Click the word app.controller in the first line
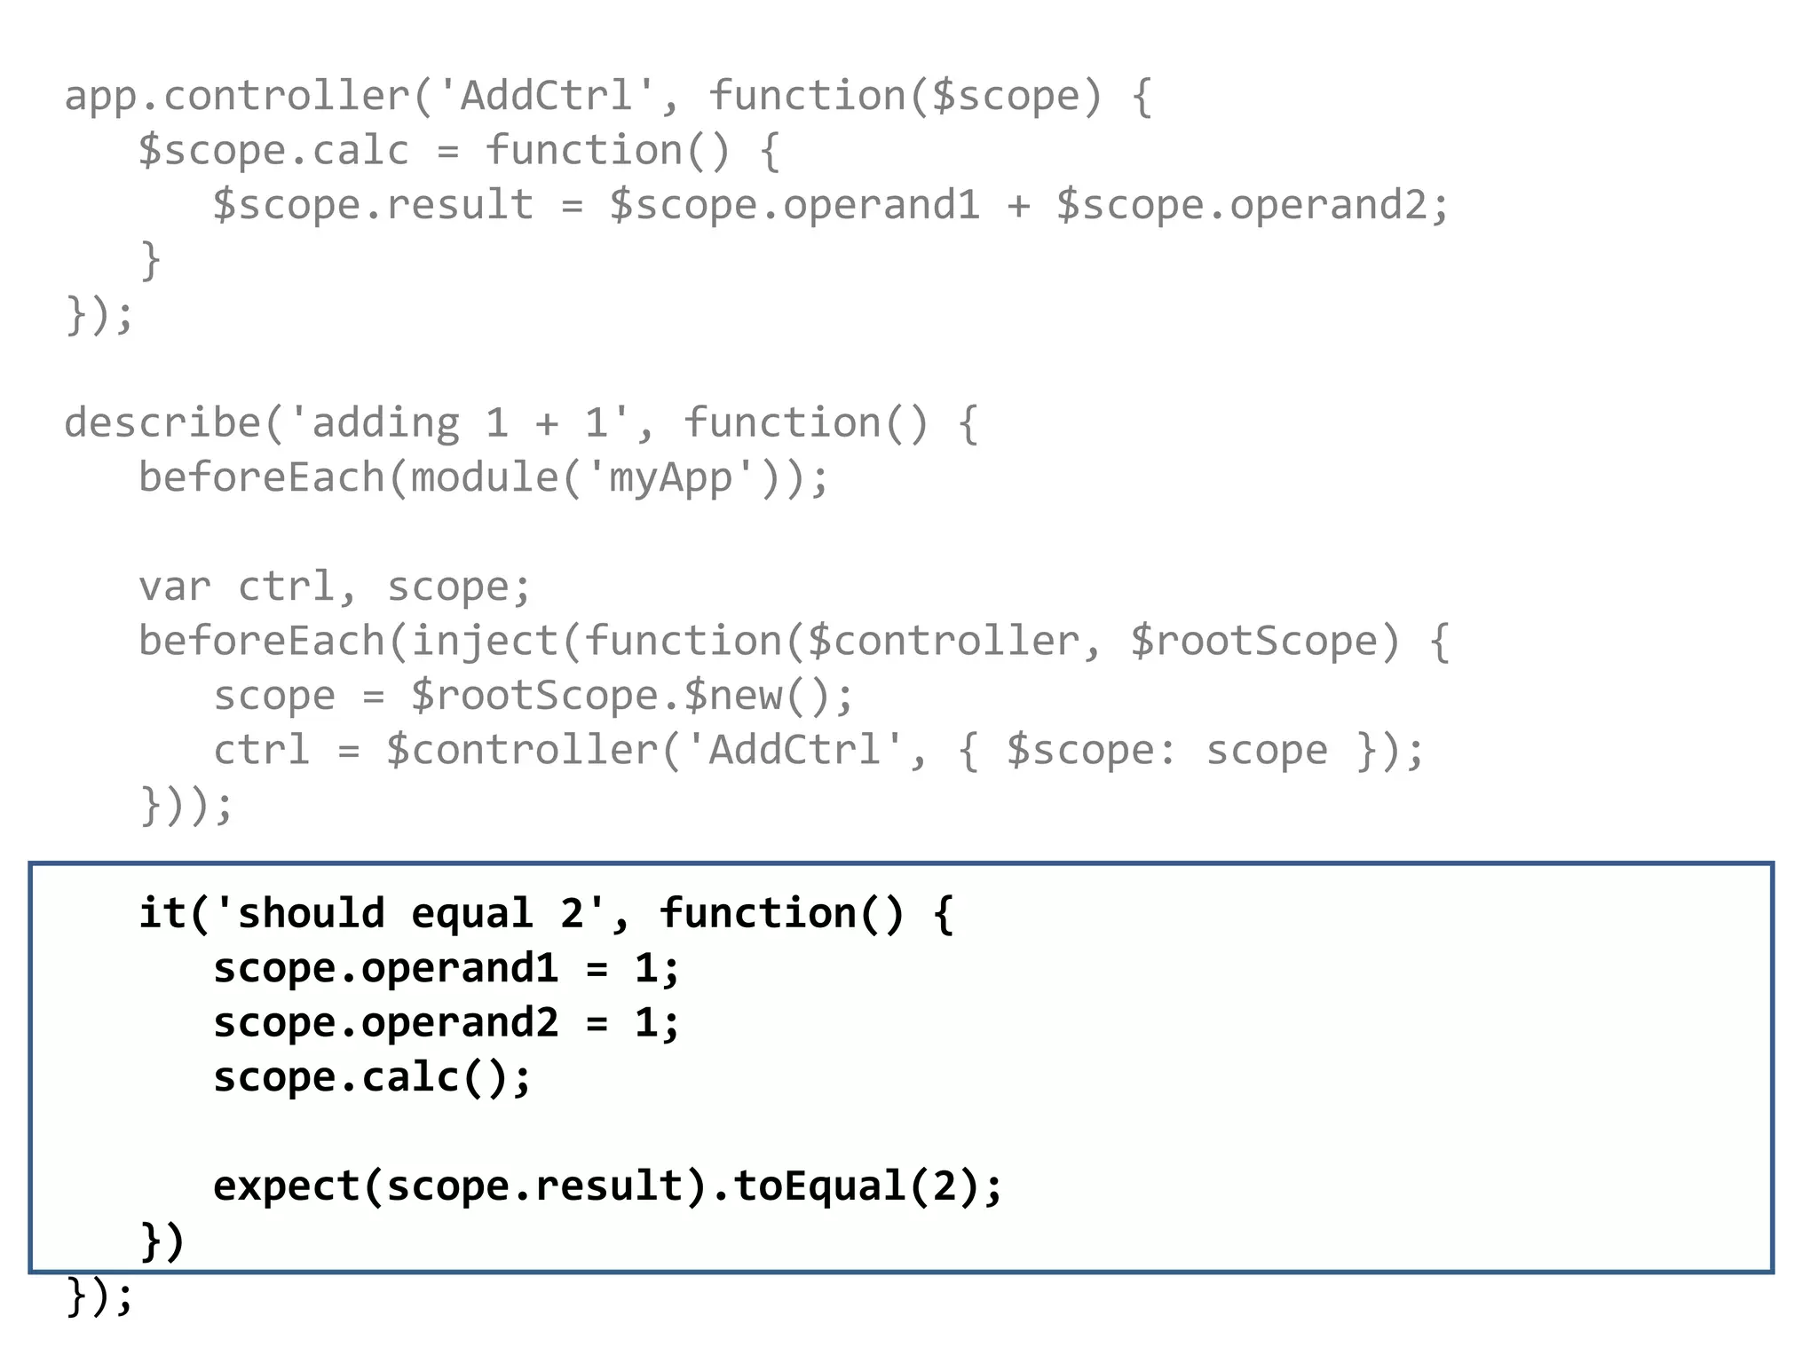point(236,97)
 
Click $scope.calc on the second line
point(273,151)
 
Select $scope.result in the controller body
point(373,206)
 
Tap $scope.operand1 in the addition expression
point(794,206)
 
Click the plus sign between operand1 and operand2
point(1018,206)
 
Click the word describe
point(162,423)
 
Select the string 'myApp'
point(671,478)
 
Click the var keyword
point(175,587)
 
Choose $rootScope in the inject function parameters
point(1253,642)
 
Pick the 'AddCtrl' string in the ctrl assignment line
point(794,751)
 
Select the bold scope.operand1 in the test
point(385,968)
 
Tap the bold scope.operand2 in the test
point(385,1023)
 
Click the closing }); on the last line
point(99,1296)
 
